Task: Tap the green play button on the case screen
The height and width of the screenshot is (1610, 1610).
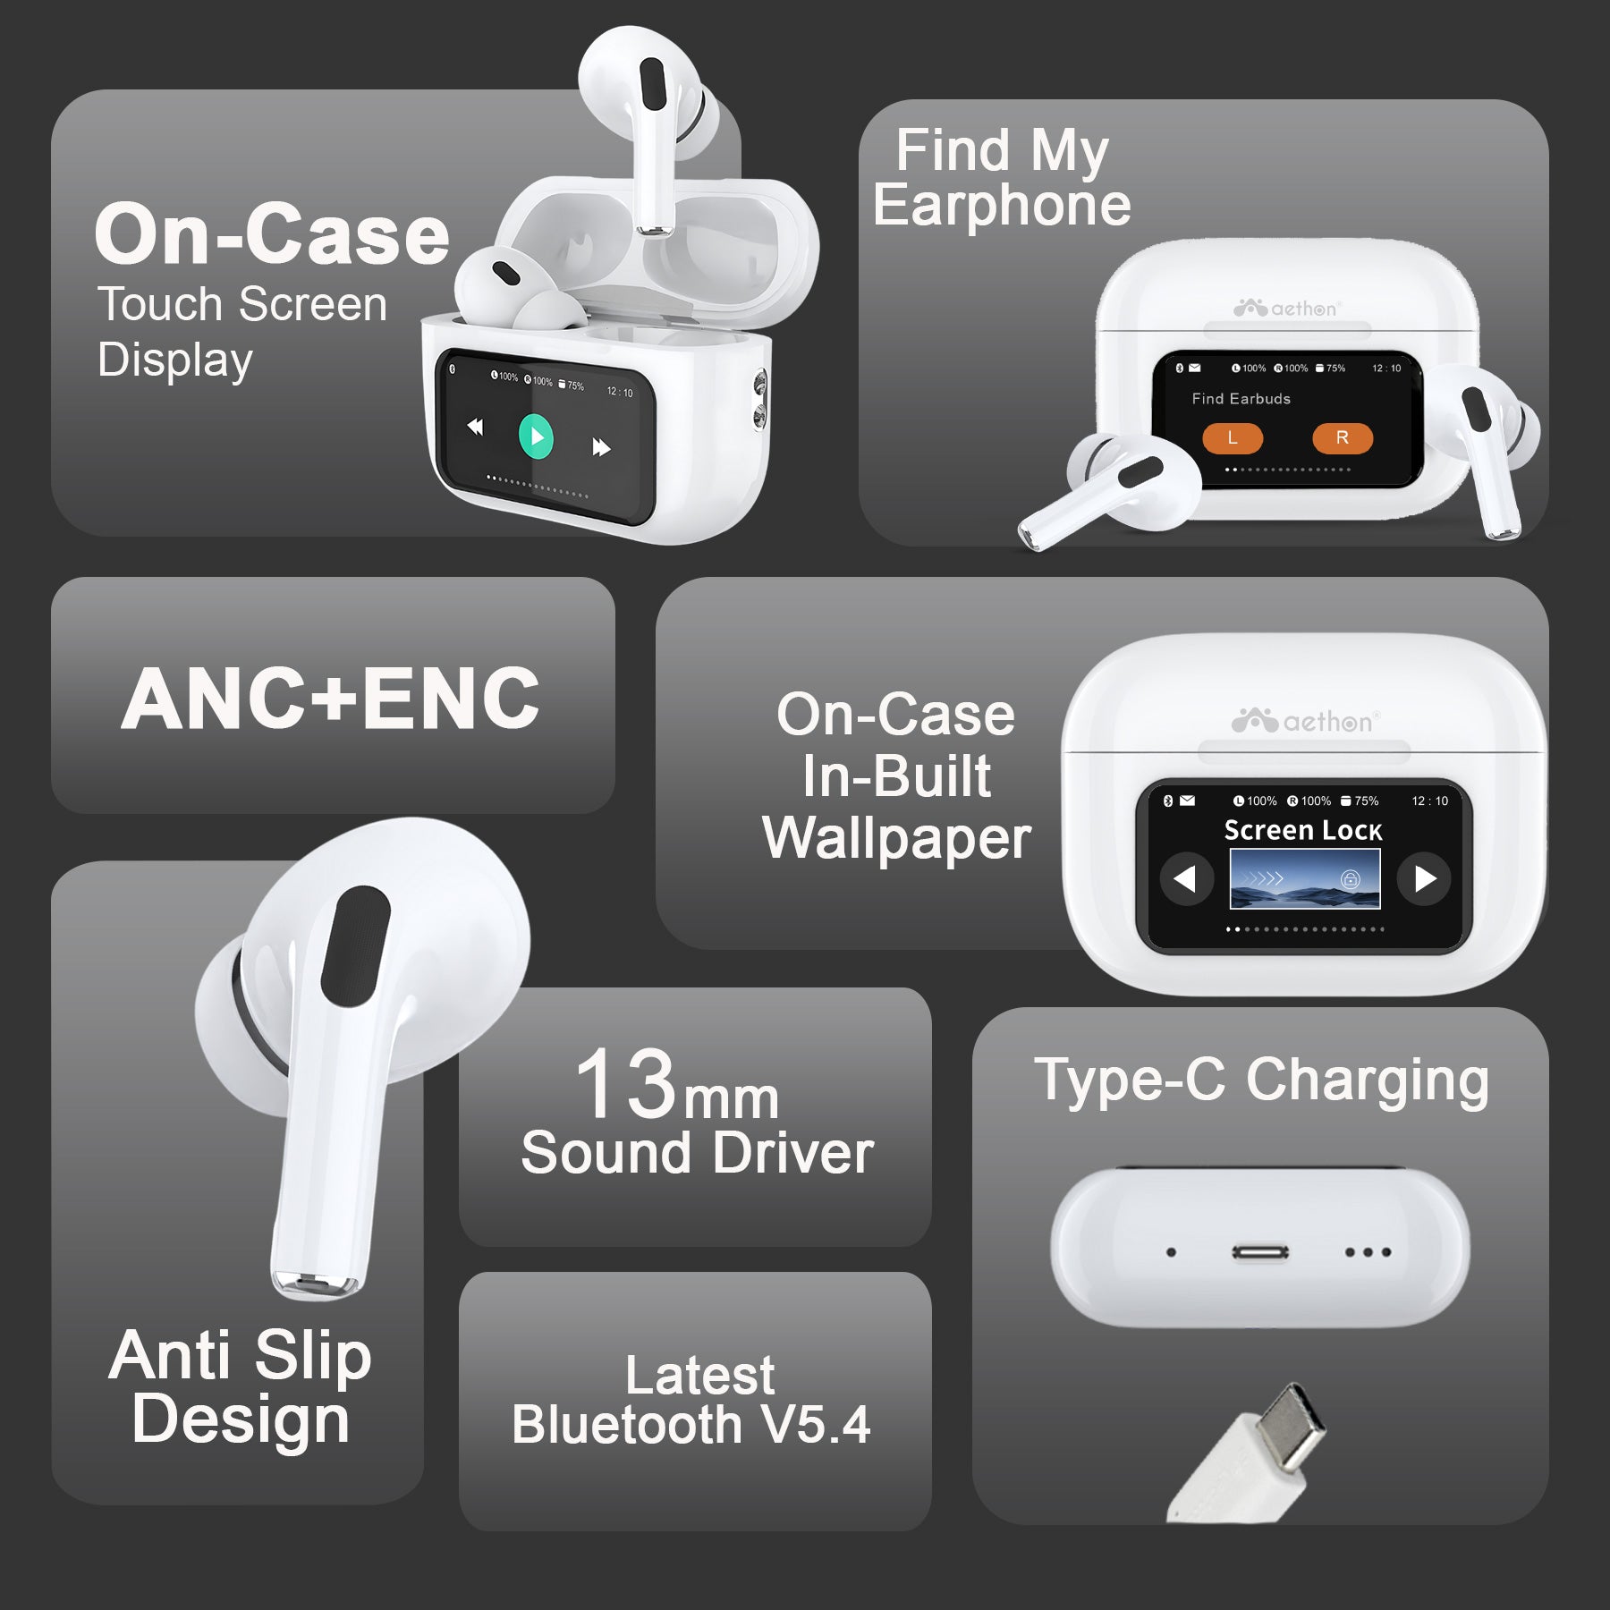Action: (x=536, y=436)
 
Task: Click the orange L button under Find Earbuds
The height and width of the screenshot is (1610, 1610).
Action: (x=1233, y=438)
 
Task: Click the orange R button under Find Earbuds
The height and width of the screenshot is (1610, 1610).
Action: (x=1342, y=438)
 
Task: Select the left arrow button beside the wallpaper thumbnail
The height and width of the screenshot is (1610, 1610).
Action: (x=1186, y=879)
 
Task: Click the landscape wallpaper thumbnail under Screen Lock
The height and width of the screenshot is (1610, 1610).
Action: (x=1305, y=879)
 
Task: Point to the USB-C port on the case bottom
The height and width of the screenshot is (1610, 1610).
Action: (x=1260, y=1252)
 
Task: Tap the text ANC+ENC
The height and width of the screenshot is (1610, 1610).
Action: (x=330, y=699)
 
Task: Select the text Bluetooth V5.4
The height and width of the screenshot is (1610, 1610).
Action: (x=691, y=1425)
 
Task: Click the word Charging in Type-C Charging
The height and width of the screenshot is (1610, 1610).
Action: (x=1368, y=1082)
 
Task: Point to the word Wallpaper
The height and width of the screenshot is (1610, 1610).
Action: (x=897, y=840)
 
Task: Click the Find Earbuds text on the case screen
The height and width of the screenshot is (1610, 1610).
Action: (x=1241, y=399)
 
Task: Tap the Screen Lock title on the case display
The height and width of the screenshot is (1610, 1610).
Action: (x=1303, y=831)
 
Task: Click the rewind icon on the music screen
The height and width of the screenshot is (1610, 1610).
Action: (x=475, y=427)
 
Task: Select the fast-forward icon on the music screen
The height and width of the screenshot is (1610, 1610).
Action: (x=601, y=447)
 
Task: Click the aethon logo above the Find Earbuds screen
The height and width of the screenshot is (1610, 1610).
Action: (x=1286, y=309)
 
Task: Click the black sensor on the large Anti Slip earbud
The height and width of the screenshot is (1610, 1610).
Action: (x=355, y=945)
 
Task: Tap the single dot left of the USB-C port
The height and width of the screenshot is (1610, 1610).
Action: (x=1171, y=1252)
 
